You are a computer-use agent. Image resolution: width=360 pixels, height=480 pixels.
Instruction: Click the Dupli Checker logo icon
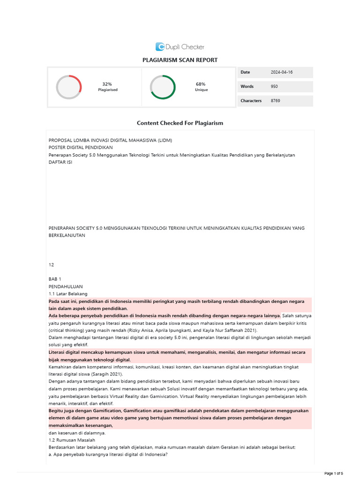point(160,46)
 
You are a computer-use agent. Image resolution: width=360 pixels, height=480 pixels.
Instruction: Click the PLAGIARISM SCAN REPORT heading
point(180,60)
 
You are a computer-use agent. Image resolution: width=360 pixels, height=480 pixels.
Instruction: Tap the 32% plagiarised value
point(107,84)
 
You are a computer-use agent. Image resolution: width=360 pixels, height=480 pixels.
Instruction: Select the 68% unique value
point(201,84)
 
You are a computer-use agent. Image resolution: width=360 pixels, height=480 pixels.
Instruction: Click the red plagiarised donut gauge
point(69,87)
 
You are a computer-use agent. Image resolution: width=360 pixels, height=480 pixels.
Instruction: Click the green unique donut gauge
point(163,87)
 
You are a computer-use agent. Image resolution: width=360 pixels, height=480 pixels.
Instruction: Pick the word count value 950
point(274,87)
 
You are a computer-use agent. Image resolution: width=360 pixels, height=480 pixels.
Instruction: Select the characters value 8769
point(275,101)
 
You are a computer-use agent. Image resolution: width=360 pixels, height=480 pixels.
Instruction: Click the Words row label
point(247,87)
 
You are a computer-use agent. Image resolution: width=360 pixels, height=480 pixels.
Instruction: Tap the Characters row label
point(251,101)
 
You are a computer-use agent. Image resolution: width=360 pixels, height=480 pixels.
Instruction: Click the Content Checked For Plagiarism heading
point(180,123)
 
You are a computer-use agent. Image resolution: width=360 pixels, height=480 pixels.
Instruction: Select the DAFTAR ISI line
point(60,162)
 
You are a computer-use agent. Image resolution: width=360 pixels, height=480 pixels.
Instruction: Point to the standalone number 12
point(52,264)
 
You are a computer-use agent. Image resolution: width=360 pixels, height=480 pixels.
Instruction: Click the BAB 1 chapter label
point(55,279)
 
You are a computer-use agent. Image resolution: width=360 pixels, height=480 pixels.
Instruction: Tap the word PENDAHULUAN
point(66,286)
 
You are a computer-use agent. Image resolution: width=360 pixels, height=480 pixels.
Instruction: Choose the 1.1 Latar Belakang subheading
point(68,293)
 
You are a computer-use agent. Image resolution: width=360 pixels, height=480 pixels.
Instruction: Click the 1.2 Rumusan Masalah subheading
point(72,440)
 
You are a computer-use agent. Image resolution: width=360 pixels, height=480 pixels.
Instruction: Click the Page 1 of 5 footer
point(333,473)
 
